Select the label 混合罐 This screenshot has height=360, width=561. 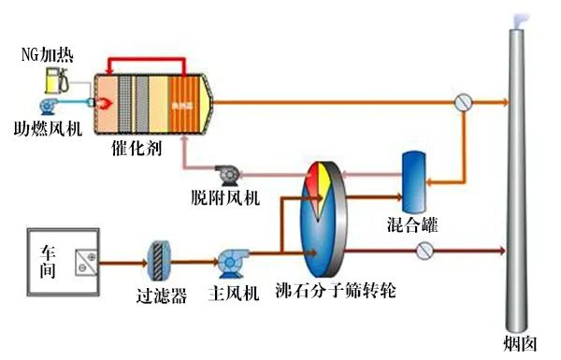click(411, 225)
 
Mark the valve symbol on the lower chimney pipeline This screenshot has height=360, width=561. click(425, 250)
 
